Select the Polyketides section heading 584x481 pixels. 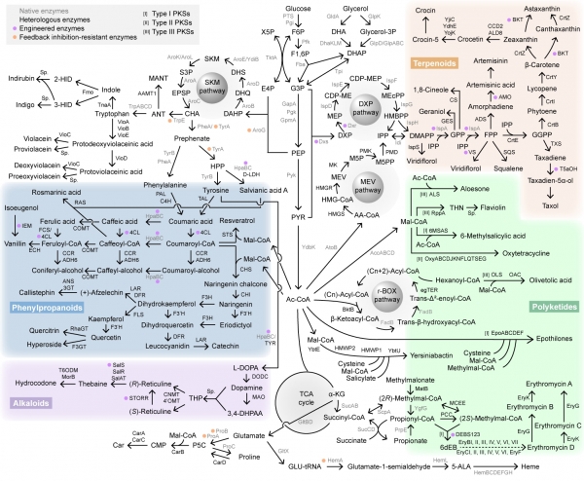click(550, 278)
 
